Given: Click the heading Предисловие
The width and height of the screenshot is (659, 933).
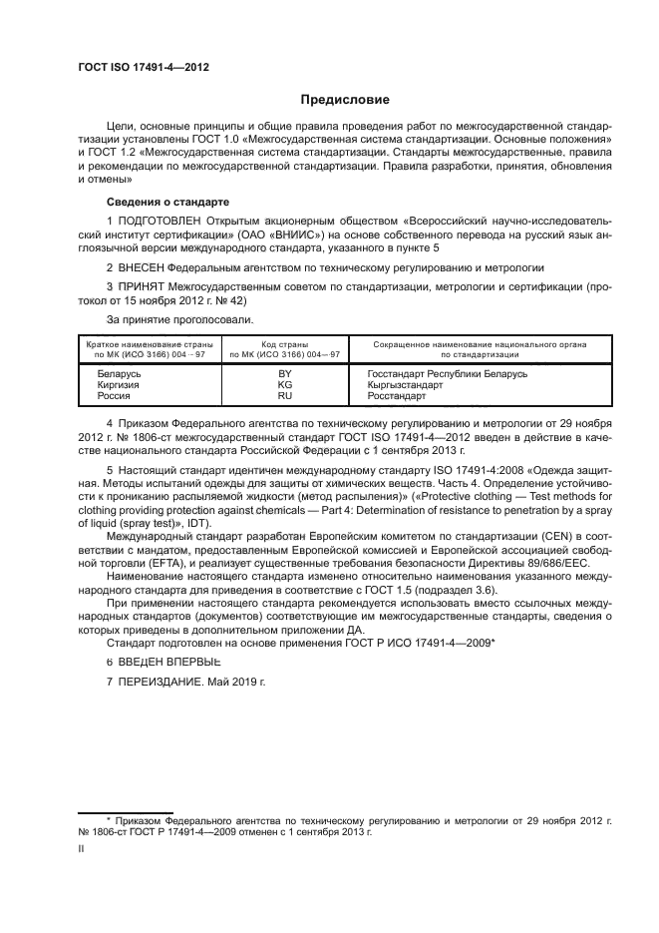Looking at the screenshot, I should pos(345,100).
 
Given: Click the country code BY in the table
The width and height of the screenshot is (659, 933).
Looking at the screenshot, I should pos(284,373).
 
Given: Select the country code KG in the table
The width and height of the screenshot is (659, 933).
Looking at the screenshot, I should pos(284,384).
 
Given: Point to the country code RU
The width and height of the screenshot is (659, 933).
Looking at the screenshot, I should pos(284,396).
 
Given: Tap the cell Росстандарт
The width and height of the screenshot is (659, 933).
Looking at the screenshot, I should pos(396,396).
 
